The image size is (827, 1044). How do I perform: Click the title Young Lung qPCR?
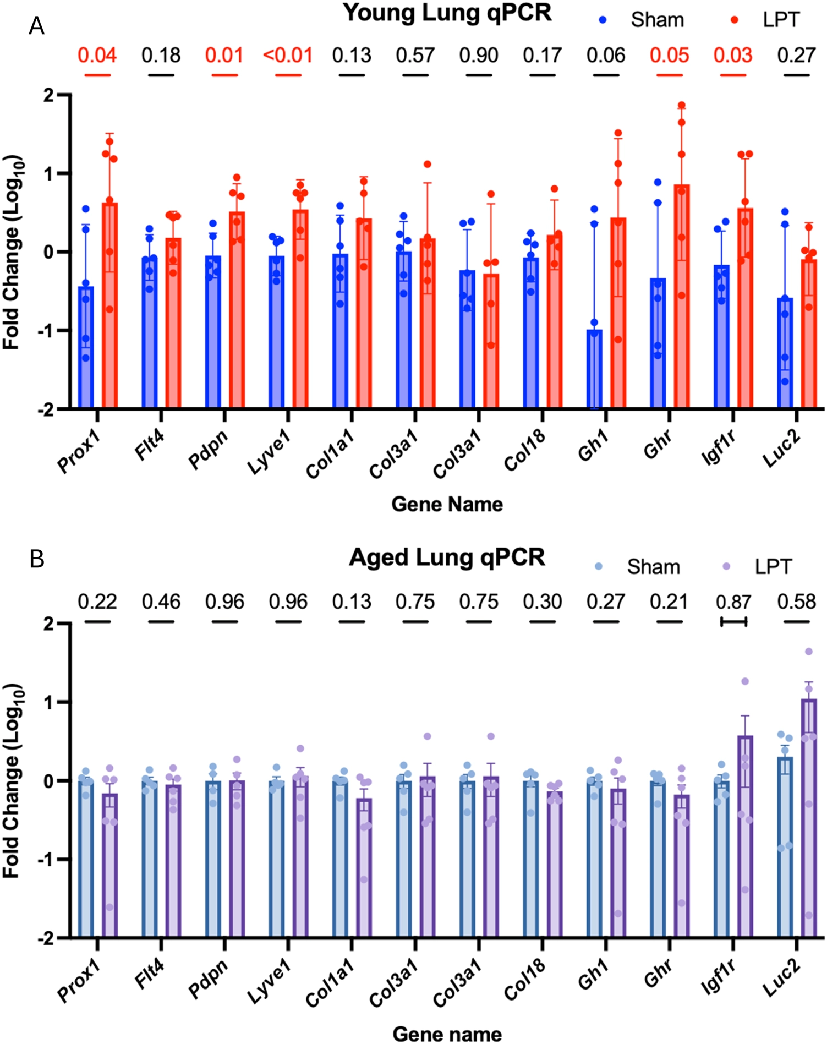pyautogui.click(x=447, y=13)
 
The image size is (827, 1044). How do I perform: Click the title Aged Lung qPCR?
pyautogui.click(x=447, y=557)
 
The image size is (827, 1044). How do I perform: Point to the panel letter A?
pyautogui.click(x=36, y=26)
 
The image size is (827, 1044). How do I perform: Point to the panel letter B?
pyautogui.click(x=36, y=559)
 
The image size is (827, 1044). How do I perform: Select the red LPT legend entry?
pyautogui.click(x=765, y=20)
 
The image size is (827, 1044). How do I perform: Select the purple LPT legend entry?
pyautogui.click(x=758, y=567)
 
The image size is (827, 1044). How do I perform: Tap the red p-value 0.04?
pyautogui.click(x=97, y=56)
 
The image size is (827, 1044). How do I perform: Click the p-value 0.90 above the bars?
pyautogui.click(x=479, y=56)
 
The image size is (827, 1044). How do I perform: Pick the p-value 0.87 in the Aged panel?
pyautogui.click(x=733, y=602)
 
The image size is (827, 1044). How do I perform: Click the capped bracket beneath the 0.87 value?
pyautogui.click(x=733, y=622)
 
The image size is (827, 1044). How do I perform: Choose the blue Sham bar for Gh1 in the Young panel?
pyautogui.click(x=594, y=369)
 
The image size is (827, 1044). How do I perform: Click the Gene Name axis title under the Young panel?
pyautogui.click(x=447, y=504)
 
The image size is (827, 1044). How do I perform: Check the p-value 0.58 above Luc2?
pyautogui.click(x=796, y=602)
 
